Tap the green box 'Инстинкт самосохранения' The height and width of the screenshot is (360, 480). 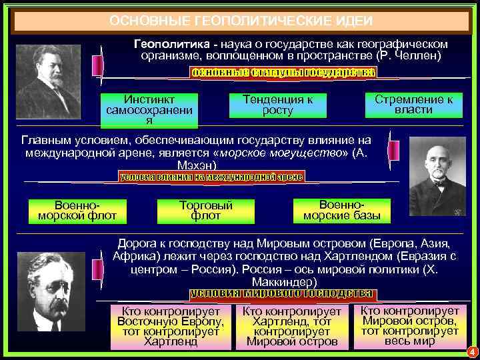coord(149,110)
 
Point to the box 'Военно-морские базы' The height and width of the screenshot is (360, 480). coord(342,209)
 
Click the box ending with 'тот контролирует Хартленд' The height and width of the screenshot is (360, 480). coord(171,326)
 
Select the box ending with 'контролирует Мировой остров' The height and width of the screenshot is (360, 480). coord(291,327)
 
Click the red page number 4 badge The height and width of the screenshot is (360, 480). coord(471,351)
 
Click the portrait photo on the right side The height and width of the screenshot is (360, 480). coord(437,171)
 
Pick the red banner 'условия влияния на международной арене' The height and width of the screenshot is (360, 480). coord(211,177)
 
